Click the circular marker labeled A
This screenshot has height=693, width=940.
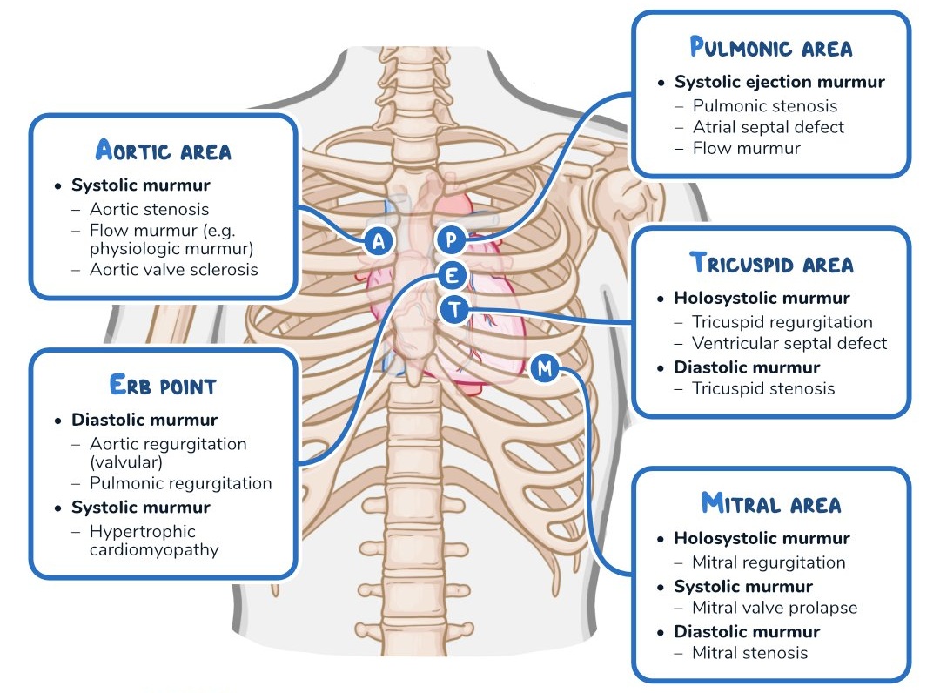tap(379, 241)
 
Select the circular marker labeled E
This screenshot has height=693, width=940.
tap(452, 277)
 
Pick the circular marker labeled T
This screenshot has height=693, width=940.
tap(454, 308)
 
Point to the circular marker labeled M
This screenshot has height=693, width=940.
tap(545, 368)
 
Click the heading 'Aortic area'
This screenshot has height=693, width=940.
tap(163, 151)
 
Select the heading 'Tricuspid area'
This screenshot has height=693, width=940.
tap(771, 262)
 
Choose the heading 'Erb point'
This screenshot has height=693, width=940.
tap(163, 384)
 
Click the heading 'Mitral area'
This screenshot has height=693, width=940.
tap(770, 502)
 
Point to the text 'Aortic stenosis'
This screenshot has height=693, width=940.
tap(149, 209)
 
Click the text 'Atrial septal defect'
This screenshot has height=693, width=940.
tap(768, 127)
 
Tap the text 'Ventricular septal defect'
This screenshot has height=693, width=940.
tap(789, 343)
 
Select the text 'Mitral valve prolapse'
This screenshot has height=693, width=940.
tap(774, 608)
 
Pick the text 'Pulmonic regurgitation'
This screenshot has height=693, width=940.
tap(180, 483)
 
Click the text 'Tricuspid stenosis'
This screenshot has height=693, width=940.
tap(762, 388)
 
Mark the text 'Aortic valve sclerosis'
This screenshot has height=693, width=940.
tap(173, 269)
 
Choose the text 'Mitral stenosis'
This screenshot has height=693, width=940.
tap(749, 653)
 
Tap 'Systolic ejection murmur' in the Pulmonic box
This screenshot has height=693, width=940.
tap(779, 82)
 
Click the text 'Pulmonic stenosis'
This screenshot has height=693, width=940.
tap(764, 106)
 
